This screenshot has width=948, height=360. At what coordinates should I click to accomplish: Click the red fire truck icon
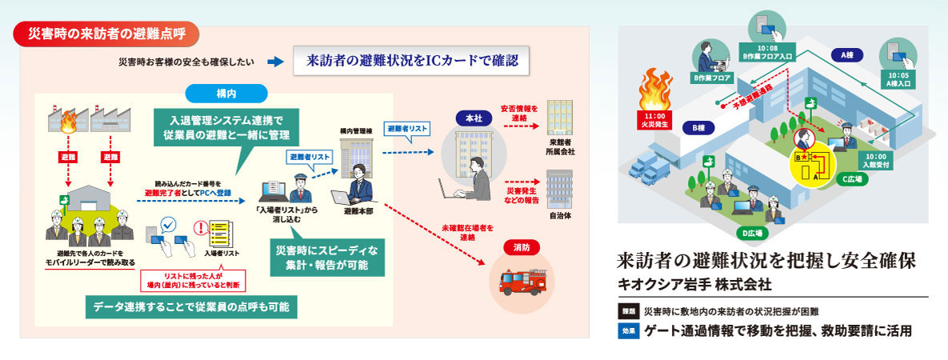pyautogui.click(x=522, y=283)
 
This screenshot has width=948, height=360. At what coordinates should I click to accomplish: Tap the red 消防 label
pyautogui.click(x=522, y=249)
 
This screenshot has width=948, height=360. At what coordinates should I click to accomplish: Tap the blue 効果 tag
pyautogui.click(x=629, y=330)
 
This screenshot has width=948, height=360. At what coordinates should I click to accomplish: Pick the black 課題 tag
pyautogui.click(x=629, y=310)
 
